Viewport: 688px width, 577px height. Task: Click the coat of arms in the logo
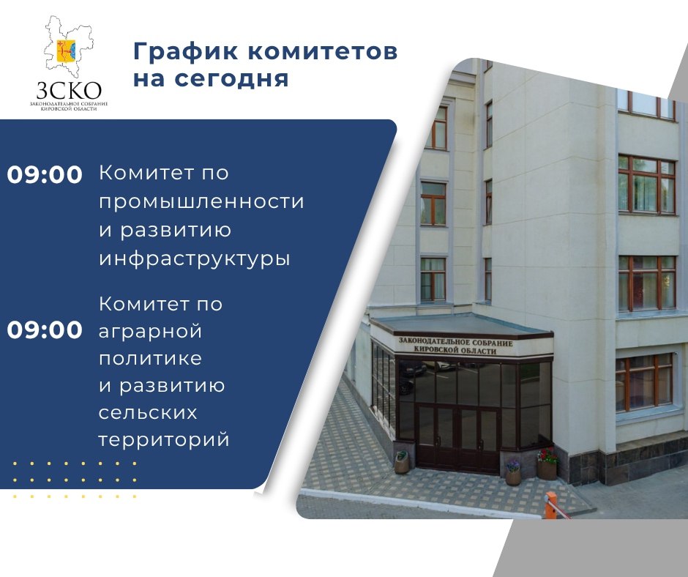(x=67, y=50)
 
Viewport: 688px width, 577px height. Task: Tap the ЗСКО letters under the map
(x=69, y=91)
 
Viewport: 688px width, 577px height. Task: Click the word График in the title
(x=186, y=51)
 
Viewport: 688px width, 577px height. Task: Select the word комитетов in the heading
(x=323, y=51)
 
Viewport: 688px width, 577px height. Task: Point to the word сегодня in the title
(x=231, y=80)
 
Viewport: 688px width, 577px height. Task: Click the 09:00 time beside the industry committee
(x=45, y=174)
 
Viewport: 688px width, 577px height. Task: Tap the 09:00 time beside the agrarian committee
(x=45, y=330)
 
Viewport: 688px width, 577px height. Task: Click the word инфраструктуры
(x=195, y=259)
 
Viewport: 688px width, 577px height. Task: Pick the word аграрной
(x=150, y=332)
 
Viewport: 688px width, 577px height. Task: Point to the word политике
(x=150, y=359)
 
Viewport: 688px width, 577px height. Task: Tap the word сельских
(x=148, y=413)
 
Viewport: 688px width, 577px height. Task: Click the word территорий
(x=164, y=440)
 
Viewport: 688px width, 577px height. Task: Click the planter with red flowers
(x=547, y=464)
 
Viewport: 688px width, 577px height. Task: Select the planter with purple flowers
(x=513, y=472)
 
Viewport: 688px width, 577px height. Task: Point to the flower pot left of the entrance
(x=402, y=463)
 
